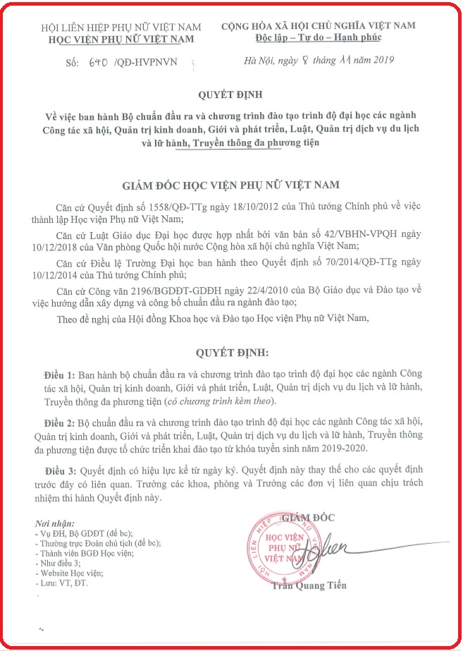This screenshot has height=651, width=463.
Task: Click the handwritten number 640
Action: point(97,61)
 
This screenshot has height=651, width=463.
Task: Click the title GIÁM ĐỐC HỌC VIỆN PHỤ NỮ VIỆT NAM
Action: point(231,185)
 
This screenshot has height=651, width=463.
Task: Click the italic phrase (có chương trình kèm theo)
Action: point(195,401)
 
